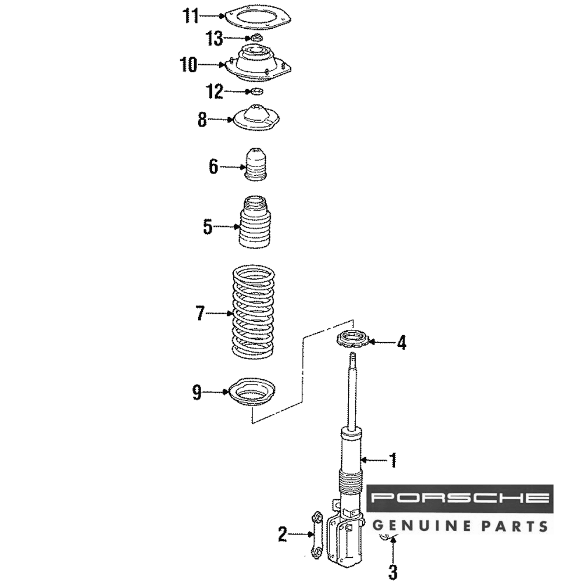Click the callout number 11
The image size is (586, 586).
(190, 16)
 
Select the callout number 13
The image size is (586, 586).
(215, 39)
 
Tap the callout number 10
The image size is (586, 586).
(189, 64)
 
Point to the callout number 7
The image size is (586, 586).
(200, 313)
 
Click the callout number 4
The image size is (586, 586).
(401, 342)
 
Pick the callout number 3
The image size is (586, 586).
(393, 572)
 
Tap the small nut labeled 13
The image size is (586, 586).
(255, 38)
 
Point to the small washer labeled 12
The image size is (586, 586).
(255, 91)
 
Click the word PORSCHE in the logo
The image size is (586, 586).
(460, 498)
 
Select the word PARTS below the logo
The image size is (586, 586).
(515, 526)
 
